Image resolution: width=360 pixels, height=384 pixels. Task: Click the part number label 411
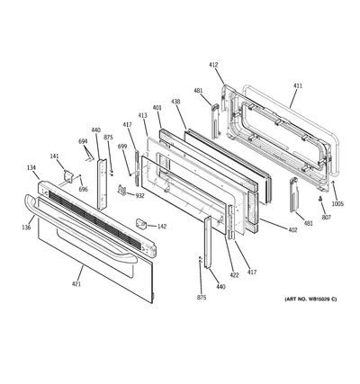pos(298,86)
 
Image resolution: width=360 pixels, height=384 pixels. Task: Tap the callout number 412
pos(213,65)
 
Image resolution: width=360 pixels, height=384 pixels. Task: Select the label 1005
pos(337,204)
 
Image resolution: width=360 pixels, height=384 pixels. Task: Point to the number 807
pos(327,217)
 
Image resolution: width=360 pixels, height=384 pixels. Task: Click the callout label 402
pos(292,230)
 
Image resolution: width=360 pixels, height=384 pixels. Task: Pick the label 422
pos(234,275)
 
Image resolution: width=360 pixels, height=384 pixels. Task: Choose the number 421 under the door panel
pos(76,284)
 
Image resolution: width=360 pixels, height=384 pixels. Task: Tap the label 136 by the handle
pos(26,228)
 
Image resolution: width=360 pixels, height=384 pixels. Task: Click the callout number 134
pos(31,168)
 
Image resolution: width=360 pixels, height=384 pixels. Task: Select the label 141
pos(54,156)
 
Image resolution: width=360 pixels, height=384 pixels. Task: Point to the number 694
pos(83,141)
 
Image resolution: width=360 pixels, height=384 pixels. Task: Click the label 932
pos(139,196)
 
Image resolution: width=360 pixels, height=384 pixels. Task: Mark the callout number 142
pos(162,227)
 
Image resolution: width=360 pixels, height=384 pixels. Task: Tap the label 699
pos(122,147)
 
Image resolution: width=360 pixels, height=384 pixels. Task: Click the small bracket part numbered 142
pos(141,224)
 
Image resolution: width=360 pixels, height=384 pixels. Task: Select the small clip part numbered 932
pos(121,190)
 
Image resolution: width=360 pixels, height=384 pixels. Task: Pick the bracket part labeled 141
pos(68,175)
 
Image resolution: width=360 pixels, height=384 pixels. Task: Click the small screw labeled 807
pos(320,199)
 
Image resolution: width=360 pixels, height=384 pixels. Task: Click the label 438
pos(175,102)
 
